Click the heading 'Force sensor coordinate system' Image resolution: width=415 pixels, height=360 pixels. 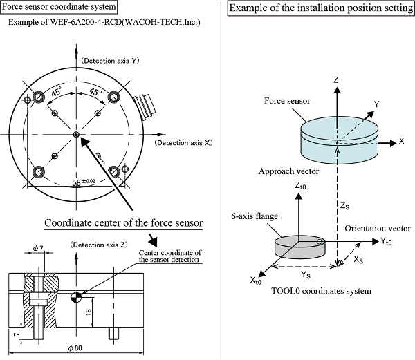tap(58, 7)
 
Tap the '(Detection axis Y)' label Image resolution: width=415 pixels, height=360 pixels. tap(111, 61)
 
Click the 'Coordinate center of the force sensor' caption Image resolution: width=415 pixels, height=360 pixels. tap(123, 222)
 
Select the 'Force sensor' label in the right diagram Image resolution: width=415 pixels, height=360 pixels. tap(286, 101)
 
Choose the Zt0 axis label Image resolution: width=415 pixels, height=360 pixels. tap(298, 186)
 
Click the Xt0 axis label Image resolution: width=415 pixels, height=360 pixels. tap(255, 280)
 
